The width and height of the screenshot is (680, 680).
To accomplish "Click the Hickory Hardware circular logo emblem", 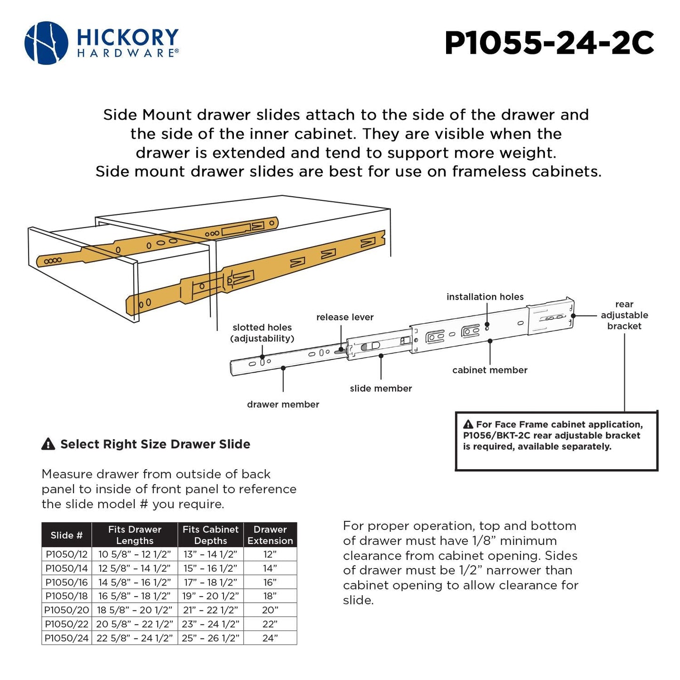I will point(46,43).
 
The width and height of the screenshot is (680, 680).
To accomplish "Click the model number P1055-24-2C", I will point(549,43).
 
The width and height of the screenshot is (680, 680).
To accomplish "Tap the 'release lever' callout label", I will point(344,317).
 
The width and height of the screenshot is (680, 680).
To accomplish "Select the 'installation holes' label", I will point(485,297).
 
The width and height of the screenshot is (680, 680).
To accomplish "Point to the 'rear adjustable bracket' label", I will point(624,315).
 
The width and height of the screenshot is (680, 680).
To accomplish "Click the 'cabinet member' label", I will point(489,370).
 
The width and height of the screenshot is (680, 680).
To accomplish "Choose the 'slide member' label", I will point(381,389).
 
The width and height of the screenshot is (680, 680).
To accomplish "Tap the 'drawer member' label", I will point(283,405).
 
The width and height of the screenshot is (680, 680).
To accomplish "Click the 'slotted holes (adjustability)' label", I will point(262,333).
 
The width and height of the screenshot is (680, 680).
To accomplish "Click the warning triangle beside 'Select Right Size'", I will point(48,444).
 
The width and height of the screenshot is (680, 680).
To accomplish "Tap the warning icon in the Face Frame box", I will point(468,424).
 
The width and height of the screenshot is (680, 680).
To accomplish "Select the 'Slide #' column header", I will point(66,535).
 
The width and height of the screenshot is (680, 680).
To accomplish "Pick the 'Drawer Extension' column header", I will point(270,535).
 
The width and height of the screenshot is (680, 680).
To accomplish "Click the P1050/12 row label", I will point(66,554).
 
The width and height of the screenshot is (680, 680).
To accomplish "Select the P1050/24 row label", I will point(66,638).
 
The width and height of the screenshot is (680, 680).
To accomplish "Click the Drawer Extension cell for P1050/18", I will point(270,596).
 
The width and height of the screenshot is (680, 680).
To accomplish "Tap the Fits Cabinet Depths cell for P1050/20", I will point(210,610).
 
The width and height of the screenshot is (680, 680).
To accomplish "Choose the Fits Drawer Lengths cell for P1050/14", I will point(135,568).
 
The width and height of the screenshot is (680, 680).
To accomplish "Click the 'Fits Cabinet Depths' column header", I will point(210,535).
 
